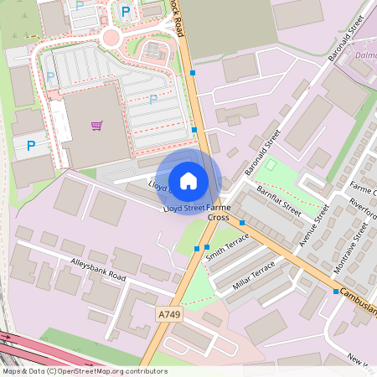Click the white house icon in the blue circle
click(188, 180)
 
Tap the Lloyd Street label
click(184, 206)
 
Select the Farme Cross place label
click(218, 212)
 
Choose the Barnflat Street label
click(279, 202)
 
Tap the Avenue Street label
click(312, 226)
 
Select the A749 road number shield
click(169, 314)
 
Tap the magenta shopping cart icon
click(96, 126)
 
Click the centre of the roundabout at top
click(111, 37)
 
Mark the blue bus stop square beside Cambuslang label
click(336, 292)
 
